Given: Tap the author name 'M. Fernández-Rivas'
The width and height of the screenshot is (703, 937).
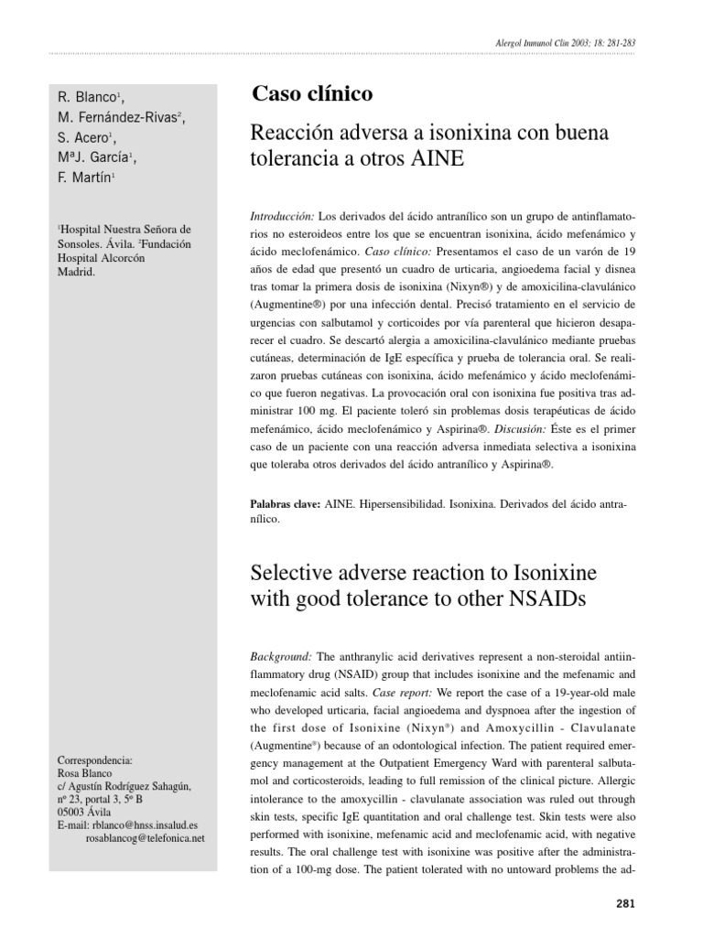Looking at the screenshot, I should [120, 116].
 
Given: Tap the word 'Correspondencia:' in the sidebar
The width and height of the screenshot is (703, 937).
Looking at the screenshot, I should [95, 759].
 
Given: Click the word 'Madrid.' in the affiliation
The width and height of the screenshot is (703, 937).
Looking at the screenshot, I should [76, 273].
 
